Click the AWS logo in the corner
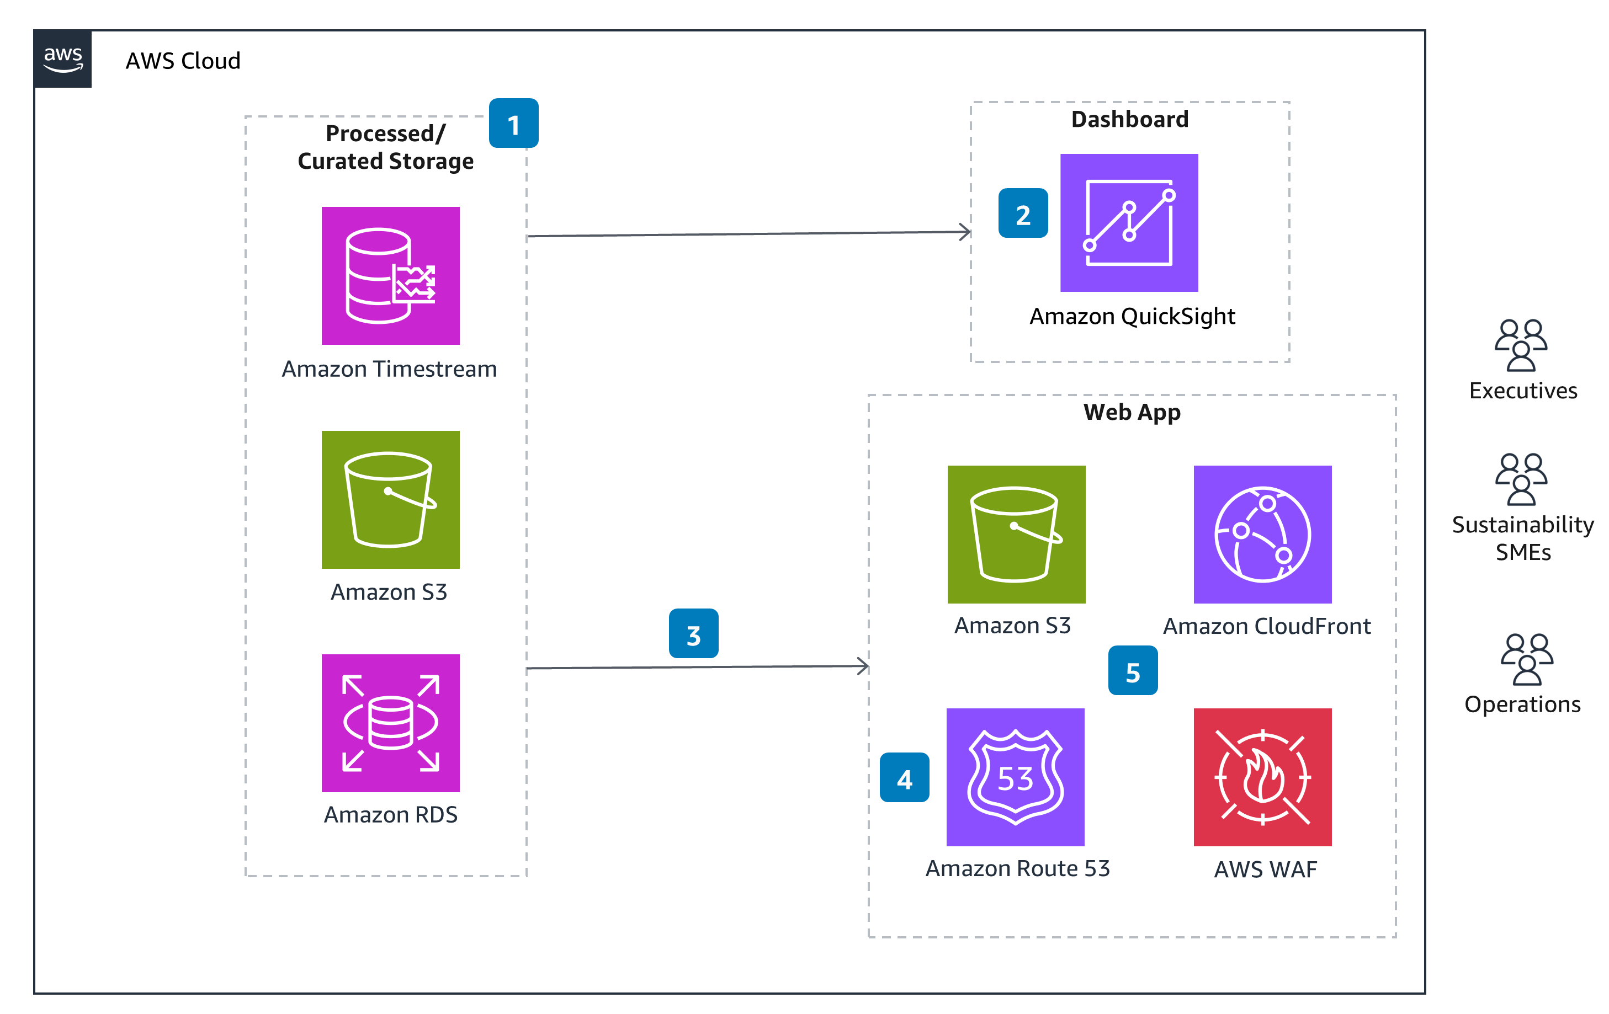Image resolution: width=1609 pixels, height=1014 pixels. pyautogui.click(x=63, y=59)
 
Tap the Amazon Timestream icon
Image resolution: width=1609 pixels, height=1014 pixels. pyautogui.click(x=390, y=275)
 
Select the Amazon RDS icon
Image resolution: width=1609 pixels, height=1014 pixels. pyautogui.click(x=390, y=723)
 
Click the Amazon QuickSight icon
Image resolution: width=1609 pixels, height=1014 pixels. pyautogui.click(x=1129, y=222)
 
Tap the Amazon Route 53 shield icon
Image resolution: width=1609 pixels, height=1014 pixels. pyautogui.click(x=1015, y=777)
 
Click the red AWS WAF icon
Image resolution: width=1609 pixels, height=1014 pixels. pyautogui.click(x=1262, y=777)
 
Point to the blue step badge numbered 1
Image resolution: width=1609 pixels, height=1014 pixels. pyautogui.click(x=513, y=124)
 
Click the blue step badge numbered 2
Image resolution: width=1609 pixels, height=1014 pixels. pyautogui.click(x=1022, y=213)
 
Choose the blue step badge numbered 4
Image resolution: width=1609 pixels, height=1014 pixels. pyautogui.click(x=904, y=777)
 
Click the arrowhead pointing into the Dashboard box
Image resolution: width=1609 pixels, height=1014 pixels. pyautogui.click(x=965, y=232)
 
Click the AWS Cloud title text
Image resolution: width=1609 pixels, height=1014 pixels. pyautogui.click(x=182, y=61)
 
